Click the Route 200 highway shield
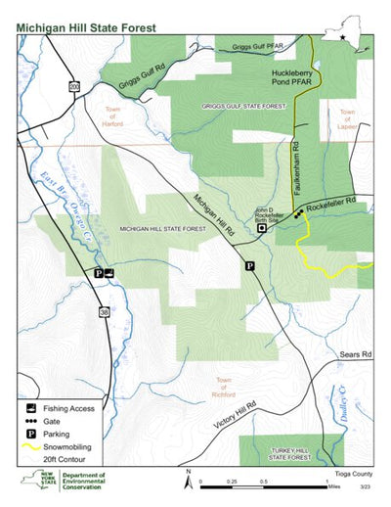click(x=73, y=87)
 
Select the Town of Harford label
click(x=115, y=115)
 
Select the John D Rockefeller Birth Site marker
click(x=262, y=227)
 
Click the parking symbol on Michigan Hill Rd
click(x=249, y=265)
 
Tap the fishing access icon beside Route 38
click(x=109, y=273)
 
